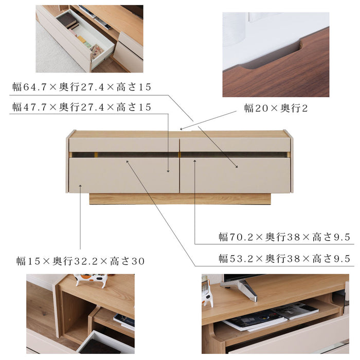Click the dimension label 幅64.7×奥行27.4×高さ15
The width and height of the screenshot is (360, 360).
click(82, 87)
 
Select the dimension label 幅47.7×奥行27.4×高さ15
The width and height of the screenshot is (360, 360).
click(82, 107)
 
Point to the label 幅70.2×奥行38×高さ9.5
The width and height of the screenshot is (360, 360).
click(284, 237)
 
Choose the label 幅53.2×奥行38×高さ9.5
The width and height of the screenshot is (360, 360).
click(284, 258)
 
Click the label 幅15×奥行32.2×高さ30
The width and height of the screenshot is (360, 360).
click(80, 261)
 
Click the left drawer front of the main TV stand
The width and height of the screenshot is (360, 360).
click(123, 175)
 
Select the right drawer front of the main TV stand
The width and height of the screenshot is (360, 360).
click(235, 175)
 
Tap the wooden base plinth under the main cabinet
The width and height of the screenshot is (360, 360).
click(180, 199)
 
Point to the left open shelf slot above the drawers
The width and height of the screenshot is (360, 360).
click(123, 154)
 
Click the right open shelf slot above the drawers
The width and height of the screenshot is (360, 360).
click(234, 154)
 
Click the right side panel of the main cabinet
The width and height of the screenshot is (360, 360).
click(292, 162)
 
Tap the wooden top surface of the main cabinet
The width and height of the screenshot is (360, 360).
click(180, 134)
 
